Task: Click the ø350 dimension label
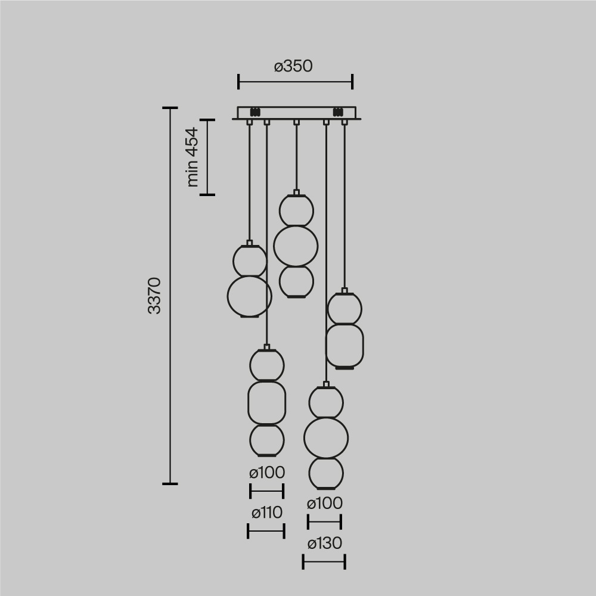click(293, 66)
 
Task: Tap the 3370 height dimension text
click(154, 295)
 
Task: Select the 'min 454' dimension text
click(192, 157)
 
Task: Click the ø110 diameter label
click(266, 513)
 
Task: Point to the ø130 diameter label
click(324, 544)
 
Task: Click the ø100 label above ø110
click(266, 473)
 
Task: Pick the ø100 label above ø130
click(324, 504)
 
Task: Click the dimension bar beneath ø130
click(324, 561)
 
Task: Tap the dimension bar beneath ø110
click(266, 530)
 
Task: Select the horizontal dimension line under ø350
click(295, 82)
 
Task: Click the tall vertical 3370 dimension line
click(170, 295)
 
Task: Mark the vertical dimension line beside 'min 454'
click(207, 157)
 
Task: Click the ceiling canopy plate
click(296, 113)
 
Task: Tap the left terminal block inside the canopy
click(256, 111)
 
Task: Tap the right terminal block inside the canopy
click(337, 111)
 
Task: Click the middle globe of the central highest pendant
click(296, 245)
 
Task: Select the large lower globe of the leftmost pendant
click(249, 296)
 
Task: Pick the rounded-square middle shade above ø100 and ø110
click(266, 402)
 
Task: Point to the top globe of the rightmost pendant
click(344, 308)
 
